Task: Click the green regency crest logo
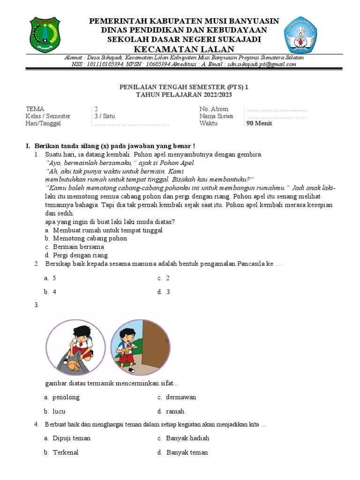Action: pyautogui.click(x=45, y=35)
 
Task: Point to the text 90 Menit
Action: pyautogui.click(x=259, y=123)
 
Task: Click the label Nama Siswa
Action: pyautogui.click(x=216, y=116)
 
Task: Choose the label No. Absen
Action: pyautogui.click(x=214, y=109)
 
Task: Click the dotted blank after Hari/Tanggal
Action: pyautogui.click(x=132, y=124)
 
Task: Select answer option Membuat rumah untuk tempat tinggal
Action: pyautogui.click(x=107, y=230)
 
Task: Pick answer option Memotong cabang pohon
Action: pyautogui.click(x=90, y=238)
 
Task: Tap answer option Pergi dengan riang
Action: pyautogui.click(x=80, y=255)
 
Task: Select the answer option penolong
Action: pyautogui.click(x=66, y=397)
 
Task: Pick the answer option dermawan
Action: pyautogui.click(x=180, y=397)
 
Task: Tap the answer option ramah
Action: pyautogui.click(x=175, y=411)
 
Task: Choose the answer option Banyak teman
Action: pyautogui.click(x=187, y=452)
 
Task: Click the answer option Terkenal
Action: pyautogui.click(x=65, y=452)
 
